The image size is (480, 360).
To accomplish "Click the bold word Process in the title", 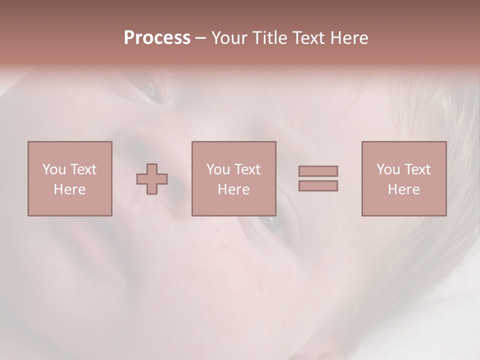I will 157,38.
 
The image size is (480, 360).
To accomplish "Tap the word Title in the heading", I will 270,38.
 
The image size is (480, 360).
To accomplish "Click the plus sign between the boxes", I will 152,179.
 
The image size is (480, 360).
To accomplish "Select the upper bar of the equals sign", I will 318,171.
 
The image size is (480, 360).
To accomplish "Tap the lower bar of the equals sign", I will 318,185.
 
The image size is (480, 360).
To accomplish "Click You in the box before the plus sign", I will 54,169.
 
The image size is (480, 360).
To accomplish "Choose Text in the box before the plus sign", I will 82,169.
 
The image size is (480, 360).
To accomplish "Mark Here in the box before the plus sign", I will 69,189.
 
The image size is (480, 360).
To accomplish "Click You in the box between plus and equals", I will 218,169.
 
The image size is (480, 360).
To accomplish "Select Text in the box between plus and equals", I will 246,169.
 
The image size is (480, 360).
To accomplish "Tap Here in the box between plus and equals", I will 233,189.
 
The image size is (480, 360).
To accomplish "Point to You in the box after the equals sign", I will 388,169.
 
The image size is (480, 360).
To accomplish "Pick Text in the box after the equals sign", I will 416,169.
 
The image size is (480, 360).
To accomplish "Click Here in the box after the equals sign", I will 403,189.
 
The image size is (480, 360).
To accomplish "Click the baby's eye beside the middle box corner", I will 274,223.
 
